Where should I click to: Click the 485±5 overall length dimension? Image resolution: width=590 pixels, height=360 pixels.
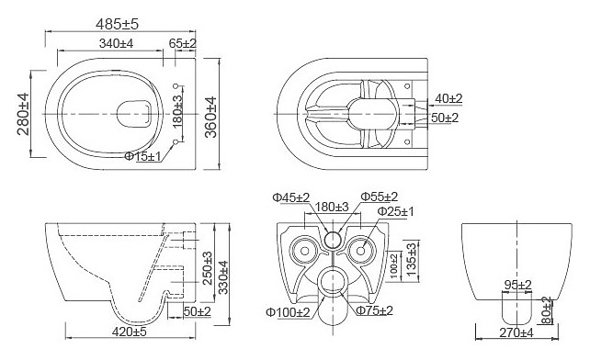117,24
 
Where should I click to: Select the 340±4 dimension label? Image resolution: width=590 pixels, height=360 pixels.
117,43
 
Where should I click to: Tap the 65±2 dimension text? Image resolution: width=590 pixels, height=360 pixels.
183,43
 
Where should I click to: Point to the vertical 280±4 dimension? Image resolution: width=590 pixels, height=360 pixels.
23,114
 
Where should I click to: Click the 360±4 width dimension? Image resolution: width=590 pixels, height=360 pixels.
210,117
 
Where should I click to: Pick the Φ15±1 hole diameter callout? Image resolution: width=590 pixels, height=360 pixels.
142,156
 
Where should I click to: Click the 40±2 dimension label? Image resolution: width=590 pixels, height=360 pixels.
448,98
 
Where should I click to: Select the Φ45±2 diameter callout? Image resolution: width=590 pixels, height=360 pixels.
290,197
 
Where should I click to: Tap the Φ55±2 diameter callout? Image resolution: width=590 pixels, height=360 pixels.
379,197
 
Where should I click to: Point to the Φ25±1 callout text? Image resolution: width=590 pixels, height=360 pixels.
395,211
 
